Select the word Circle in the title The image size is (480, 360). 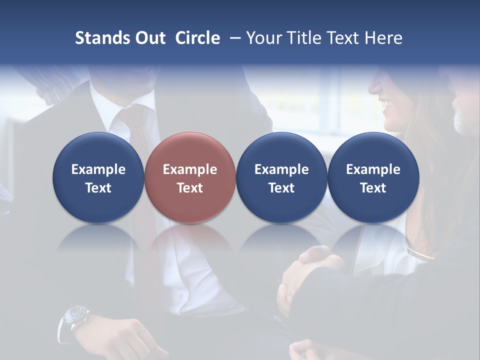tap(197, 38)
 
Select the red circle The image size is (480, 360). tap(190, 177)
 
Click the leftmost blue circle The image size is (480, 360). tap(98, 177)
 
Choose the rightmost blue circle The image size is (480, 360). tap(373, 177)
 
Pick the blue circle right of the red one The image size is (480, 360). tap(281, 177)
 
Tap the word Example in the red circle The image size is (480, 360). tap(190, 169)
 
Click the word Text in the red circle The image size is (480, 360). tap(190, 188)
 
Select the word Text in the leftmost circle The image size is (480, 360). tap(98, 188)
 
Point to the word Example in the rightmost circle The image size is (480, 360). tap(373, 169)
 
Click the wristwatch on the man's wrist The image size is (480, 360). tap(74, 318)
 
